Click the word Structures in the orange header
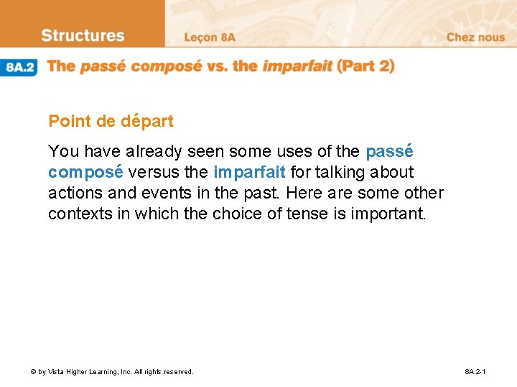tap(83, 36)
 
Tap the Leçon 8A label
tap(209, 37)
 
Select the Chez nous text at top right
tap(475, 37)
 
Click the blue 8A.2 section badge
tap(20, 67)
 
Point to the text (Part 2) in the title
tap(366, 66)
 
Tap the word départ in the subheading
tap(146, 122)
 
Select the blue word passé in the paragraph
tap(389, 152)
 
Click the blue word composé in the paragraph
tap(85, 173)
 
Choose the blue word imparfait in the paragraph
tap(249, 173)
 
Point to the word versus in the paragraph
tap(151, 173)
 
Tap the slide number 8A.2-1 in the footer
tap(475, 372)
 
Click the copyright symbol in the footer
tap(33, 372)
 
